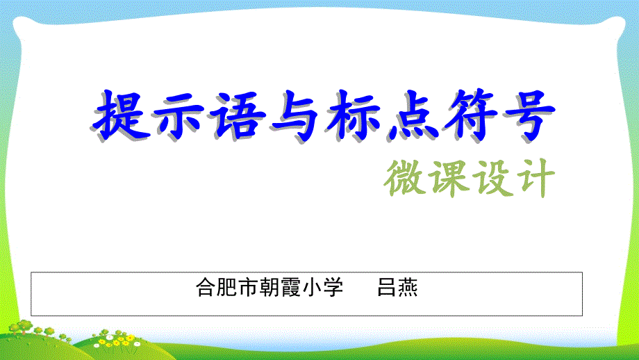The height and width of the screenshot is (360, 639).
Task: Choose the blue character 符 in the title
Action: pos(471,115)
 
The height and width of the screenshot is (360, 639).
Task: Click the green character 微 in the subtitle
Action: pos(405,178)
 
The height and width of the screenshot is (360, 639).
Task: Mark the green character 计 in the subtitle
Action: pos(535,178)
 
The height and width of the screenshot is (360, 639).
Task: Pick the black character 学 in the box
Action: pos(333,288)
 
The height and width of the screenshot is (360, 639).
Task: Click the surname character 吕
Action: pos(386,288)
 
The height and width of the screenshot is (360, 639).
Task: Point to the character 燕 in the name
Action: pos(408,288)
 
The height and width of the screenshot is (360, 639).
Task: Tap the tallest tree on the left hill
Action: pos(24,327)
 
